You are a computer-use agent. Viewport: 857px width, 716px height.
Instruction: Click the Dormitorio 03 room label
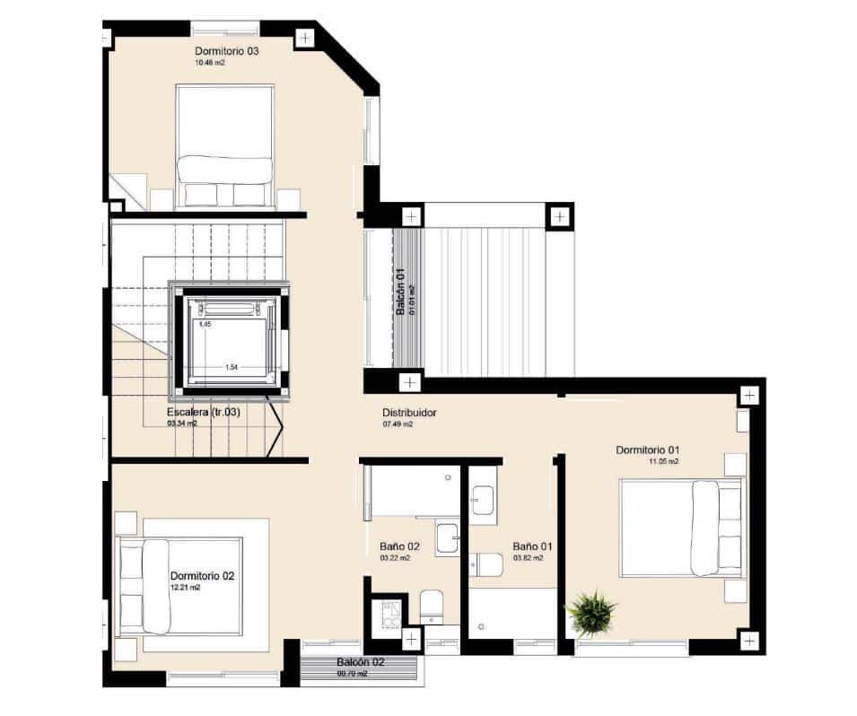(227, 51)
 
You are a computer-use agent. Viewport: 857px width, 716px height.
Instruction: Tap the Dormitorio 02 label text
(202, 575)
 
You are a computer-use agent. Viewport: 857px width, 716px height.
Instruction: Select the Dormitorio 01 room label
(648, 449)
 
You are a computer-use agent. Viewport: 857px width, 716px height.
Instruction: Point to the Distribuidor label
(409, 413)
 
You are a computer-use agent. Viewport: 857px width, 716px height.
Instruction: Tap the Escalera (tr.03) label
(204, 413)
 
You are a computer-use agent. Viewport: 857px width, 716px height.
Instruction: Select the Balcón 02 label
(361, 662)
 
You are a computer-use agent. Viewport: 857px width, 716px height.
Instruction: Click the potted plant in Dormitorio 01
(591, 612)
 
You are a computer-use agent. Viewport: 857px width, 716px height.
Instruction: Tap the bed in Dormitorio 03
(224, 144)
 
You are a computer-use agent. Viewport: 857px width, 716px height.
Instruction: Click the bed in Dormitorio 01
(682, 527)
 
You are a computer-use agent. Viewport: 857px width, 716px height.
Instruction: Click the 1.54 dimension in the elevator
(231, 367)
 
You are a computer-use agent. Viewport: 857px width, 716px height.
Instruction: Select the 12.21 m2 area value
(185, 588)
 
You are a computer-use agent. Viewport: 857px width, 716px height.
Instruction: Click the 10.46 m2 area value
(208, 64)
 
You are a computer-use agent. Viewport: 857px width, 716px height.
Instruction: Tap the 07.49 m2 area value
(398, 424)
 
